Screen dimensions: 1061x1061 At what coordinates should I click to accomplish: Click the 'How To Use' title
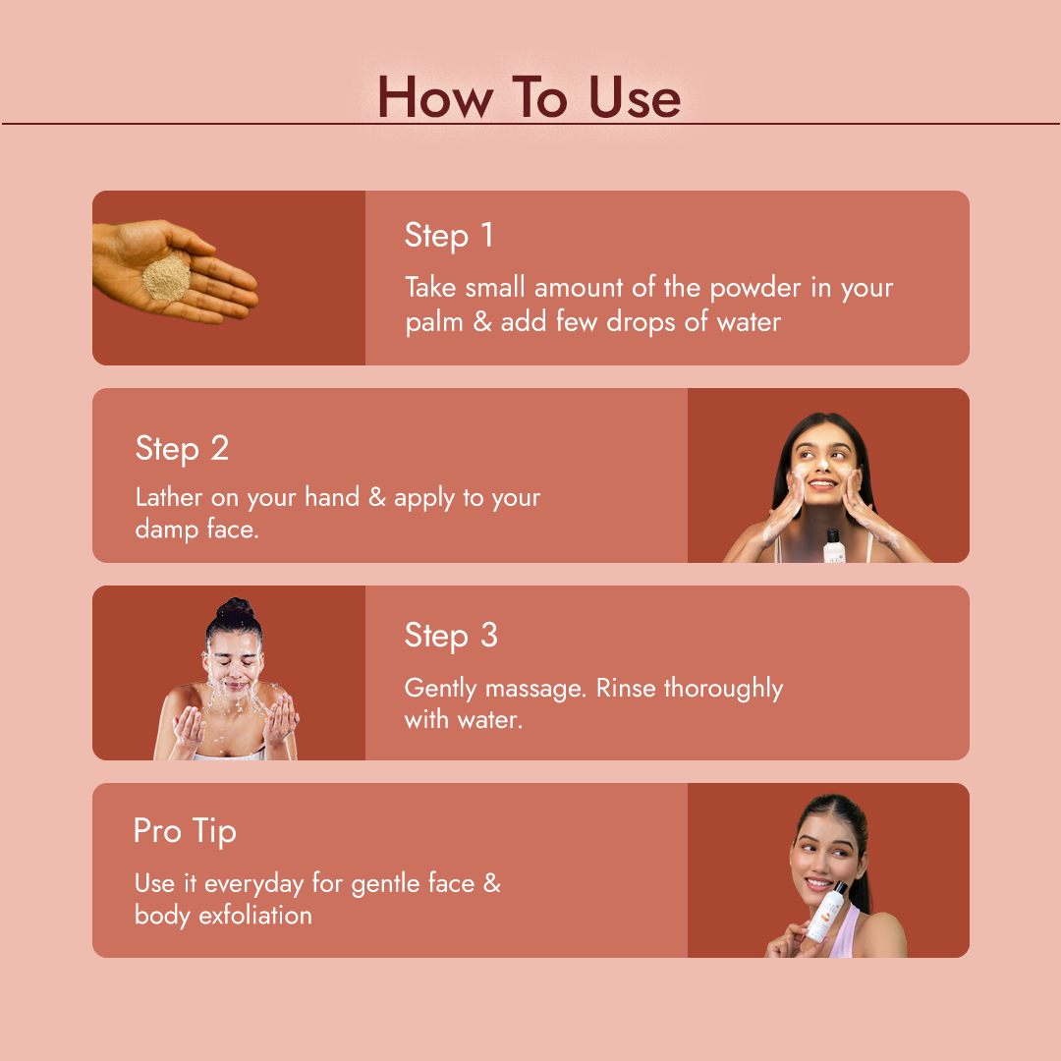[529, 97]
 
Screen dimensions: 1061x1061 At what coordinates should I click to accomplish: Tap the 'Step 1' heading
[450, 236]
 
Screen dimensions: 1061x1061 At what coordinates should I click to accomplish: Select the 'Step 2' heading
[182, 449]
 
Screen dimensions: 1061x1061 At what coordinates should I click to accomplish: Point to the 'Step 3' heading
[451, 636]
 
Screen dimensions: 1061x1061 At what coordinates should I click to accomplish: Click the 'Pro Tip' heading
[185, 831]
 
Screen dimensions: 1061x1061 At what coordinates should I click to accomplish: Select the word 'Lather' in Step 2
[170, 497]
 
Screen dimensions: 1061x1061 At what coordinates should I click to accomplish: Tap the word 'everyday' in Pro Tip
[254, 883]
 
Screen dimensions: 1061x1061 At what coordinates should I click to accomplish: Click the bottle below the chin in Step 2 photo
[834, 545]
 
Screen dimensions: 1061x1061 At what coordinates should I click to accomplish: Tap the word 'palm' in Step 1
[434, 322]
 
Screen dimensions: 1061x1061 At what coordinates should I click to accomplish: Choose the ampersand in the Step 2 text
[377, 497]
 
